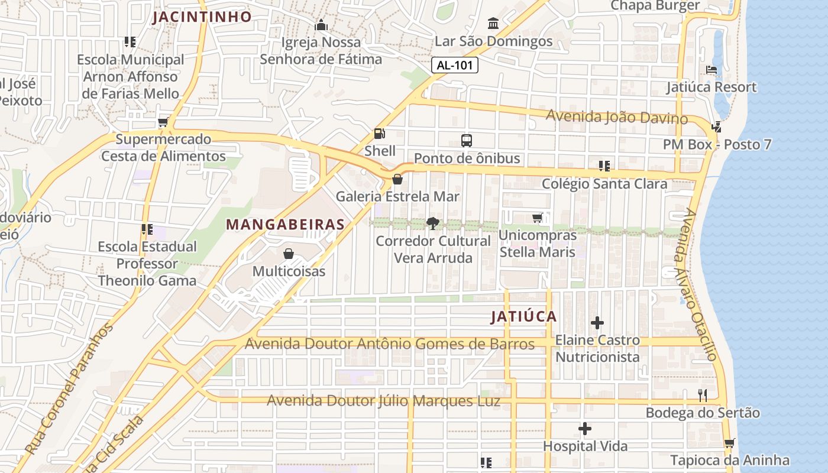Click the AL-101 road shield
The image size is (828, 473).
pyautogui.click(x=454, y=65)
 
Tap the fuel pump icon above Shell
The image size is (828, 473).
pyautogui.click(x=379, y=134)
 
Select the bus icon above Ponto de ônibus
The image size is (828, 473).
pyautogui.click(x=467, y=141)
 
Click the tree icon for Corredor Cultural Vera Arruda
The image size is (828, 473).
pyautogui.click(x=433, y=223)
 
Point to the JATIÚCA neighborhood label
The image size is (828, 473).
pyautogui.click(x=524, y=316)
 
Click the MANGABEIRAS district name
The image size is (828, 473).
pyautogui.click(x=285, y=225)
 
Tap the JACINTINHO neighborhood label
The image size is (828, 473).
pyautogui.click(x=202, y=17)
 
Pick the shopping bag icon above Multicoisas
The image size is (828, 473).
pyautogui.click(x=289, y=254)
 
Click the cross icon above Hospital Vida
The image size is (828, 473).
pyautogui.click(x=585, y=429)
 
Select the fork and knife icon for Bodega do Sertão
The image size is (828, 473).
pyautogui.click(x=703, y=396)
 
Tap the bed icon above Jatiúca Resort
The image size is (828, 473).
pyautogui.click(x=712, y=70)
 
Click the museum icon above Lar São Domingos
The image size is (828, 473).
pyautogui.click(x=493, y=24)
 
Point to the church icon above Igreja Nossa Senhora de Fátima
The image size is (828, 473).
pyautogui.click(x=321, y=25)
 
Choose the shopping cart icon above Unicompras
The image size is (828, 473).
pyautogui.click(x=537, y=218)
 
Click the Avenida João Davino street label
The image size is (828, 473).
pyautogui.click(x=616, y=116)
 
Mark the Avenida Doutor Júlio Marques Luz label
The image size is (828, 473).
pyautogui.click(x=383, y=401)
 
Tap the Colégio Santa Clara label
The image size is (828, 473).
pyautogui.click(x=604, y=184)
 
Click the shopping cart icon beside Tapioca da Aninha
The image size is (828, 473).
pyautogui.click(x=729, y=443)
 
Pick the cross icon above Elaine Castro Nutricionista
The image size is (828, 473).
pyautogui.click(x=597, y=323)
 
